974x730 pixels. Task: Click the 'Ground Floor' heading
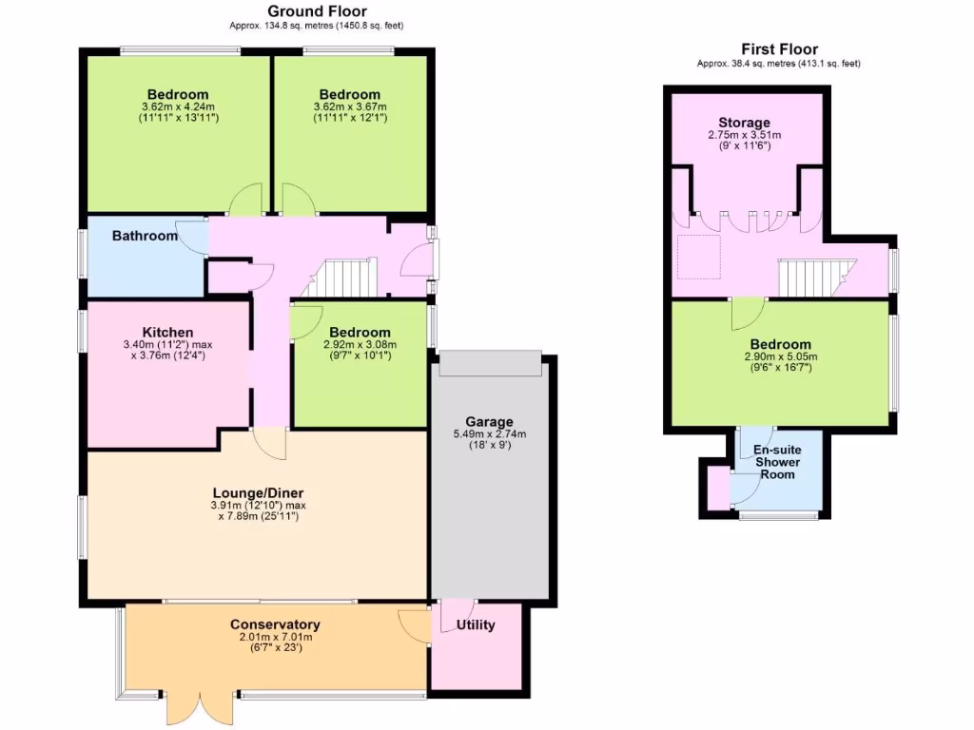(298, 11)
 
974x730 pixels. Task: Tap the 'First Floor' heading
(779, 49)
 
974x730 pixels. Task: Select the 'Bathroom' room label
(145, 236)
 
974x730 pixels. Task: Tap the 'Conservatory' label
(275, 624)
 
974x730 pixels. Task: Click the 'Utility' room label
(476, 625)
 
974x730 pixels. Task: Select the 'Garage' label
(489, 421)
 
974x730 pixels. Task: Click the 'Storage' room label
(744, 123)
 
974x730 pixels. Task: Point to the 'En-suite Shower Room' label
(777, 462)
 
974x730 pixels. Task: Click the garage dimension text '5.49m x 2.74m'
(489, 434)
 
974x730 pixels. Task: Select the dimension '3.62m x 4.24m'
(177, 106)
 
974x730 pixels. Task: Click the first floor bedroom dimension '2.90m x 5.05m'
(780, 356)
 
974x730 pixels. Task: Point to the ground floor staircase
(346, 278)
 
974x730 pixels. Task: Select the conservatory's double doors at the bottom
(199, 707)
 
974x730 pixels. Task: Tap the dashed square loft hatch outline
(698, 257)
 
